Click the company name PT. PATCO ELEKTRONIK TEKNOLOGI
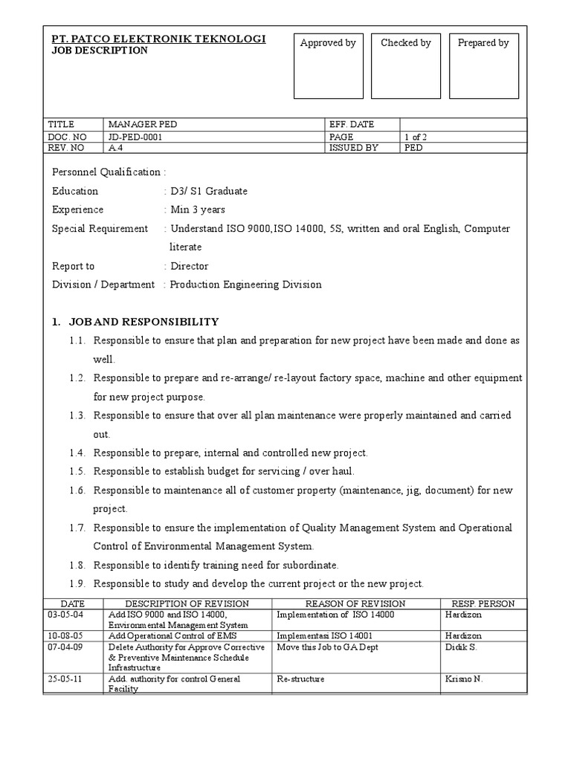pyautogui.click(x=158, y=39)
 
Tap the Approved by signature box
pyautogui.click(x=328, y=66)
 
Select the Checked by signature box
pyautogui.click(x=405, y=66)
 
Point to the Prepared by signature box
pyautogui.click(x=483, y=66)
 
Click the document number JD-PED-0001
pyautogui.click(x=135, y=137)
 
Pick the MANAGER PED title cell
pyautogui.click(x=143, y=125)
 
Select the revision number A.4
pyautogui.click(x=115, y=148)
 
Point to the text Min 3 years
pyautogui.click(x=197, y=210)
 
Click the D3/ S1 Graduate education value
pyautogui.click(x=208, y=191)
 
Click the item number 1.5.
pyautogui.click(x=79, y=472)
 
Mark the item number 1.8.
pyautogui.click(x=79, y=565)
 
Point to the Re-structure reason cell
pyautogui.click(x=300, y=679)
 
